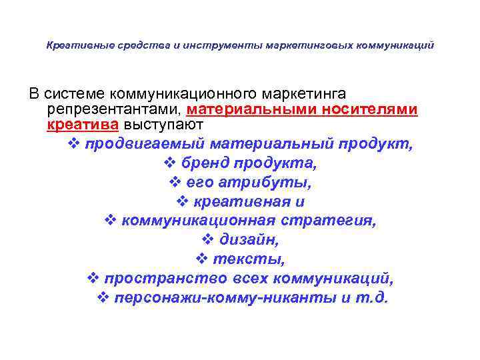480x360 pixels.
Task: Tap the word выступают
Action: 160,125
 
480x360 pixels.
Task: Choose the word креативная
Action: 239,201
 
